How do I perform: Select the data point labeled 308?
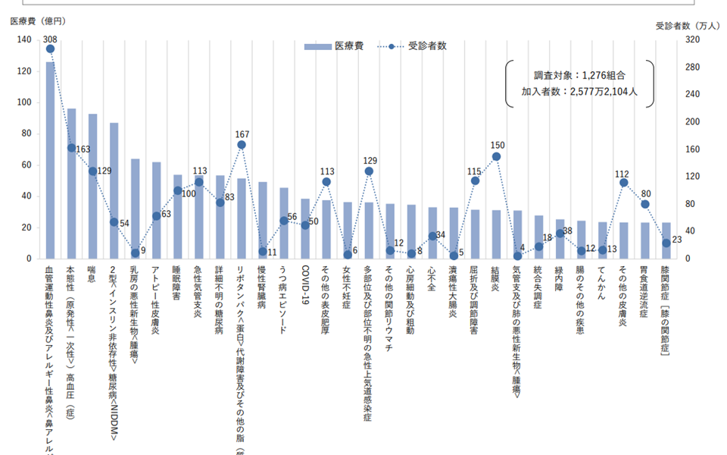tap(50, 49)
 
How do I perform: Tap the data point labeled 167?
tap(242, 145)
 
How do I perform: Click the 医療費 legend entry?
tap(333, 46)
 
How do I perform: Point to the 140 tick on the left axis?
tap(26, 39)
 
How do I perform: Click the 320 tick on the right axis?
tap(691, 39)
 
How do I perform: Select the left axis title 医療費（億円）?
tap(39, 20)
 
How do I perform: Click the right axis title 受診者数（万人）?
tap(688, 25)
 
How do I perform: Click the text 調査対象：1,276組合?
tap(579, 75)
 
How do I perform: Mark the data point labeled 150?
tap(496, 156)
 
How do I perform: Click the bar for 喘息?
tap(92, 187)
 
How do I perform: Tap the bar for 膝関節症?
tap(666, 240)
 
